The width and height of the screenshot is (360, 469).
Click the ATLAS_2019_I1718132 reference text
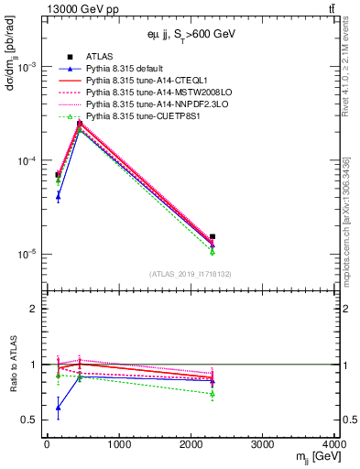pyautogui.click(x=183, y=274)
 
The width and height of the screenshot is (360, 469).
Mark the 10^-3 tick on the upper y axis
pyautogui.click(x=29, y=68)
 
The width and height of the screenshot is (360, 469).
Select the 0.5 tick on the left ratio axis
pyautogui.click(x=32, y=420)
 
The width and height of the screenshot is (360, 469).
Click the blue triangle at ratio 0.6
pyautogui.click(x=58, y=408)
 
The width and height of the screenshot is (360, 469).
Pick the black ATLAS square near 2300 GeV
pyautogui.click(x=213, y=236)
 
